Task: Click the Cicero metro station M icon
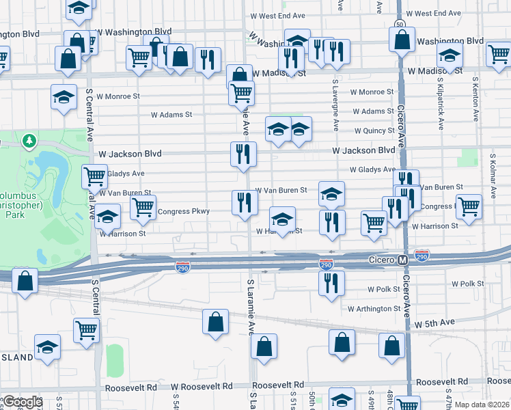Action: [403, 260]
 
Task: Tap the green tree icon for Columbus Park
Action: [29, 141]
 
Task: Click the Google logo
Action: [22, 402]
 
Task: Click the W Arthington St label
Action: [373, 309]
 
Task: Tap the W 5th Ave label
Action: [434, 322]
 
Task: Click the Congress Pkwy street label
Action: [183, 211]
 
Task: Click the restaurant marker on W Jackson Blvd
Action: [243, 155]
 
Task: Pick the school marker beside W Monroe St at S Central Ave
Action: [64, 97]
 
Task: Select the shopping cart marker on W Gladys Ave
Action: [94, 176]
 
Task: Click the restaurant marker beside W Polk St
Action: [331, 283]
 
